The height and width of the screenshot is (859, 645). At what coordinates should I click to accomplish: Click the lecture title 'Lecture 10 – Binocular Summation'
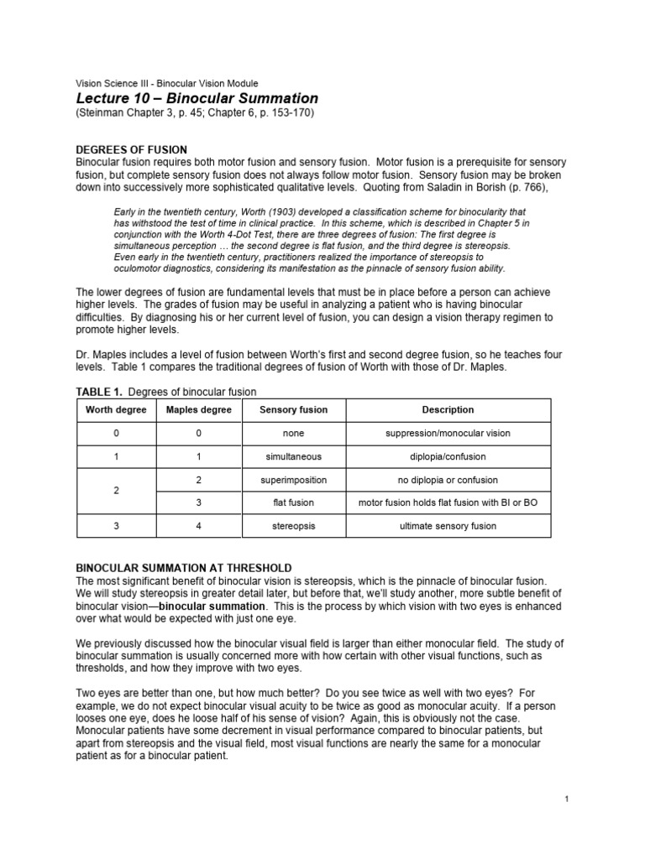197,99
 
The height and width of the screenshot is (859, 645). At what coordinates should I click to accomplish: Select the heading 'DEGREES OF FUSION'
132,149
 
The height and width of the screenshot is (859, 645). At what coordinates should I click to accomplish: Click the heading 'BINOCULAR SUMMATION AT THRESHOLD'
184,568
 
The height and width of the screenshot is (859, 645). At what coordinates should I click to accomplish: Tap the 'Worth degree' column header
116,410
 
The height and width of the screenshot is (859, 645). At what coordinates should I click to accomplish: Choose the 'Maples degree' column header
200,410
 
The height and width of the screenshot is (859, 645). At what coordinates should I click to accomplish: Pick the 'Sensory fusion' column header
293,410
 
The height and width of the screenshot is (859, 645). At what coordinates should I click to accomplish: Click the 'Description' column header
448,410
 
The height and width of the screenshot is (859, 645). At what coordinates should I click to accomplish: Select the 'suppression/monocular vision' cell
448,434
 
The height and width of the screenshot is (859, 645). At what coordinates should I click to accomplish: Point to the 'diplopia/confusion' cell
448,457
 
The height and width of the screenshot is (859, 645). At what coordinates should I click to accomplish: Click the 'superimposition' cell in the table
293,480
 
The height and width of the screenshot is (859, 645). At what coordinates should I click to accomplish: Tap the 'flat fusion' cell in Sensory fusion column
293,502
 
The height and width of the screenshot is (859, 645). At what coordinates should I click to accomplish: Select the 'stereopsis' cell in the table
293,526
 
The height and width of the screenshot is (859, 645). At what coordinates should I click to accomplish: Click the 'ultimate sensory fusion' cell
448,526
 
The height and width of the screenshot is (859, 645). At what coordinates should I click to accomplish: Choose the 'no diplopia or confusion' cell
448,480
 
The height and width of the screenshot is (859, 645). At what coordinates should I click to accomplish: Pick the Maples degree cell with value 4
200,526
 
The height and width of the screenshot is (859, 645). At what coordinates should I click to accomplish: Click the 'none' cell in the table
293,434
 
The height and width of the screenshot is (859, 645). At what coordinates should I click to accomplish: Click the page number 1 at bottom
567,799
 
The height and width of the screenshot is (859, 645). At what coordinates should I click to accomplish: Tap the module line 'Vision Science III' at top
167,84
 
